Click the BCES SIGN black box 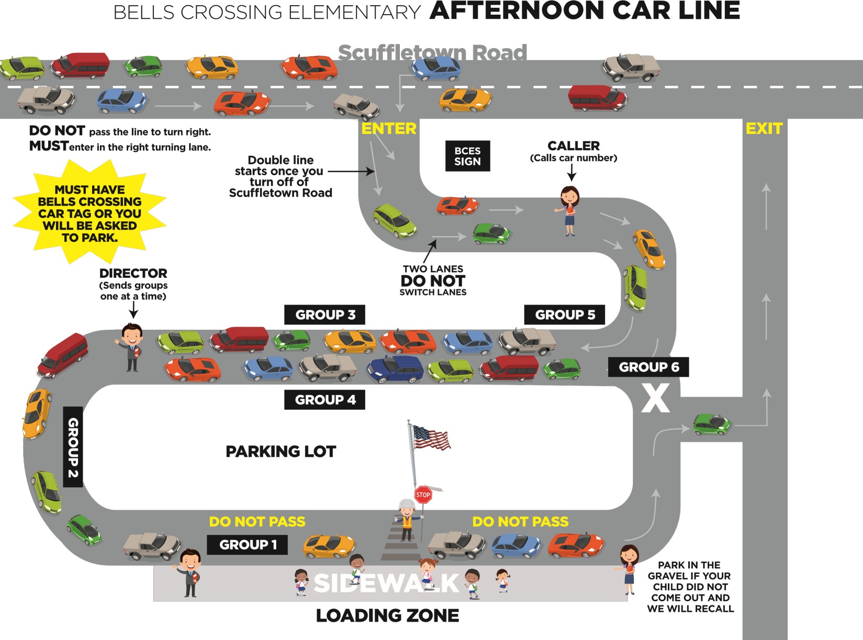click(x=467, y=156)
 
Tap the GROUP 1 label click(x=248, y=545)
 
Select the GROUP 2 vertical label click(x=73, y=447)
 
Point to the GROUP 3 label click(x=324, y=315)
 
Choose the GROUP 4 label click(x=324, y=400)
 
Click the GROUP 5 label click(x=565, y=315)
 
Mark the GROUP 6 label click(x=648, y=367)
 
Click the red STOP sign click(x=423, y=495)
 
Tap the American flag click(x=431, y=437)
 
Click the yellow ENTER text click(x=389, y=129)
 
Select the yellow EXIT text click(x=764, y=129)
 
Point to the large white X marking click(x=656, y=398)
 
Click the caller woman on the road click(x=569, y=210)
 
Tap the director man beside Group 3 click(x=131, y=347)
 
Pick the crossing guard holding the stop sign click(x=406, y=520)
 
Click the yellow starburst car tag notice click(x=89, y=213)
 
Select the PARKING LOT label click(x=281, y=452)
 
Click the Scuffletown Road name click(x=432, y=52)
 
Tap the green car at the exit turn click(x=711, y=423)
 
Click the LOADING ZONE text click(x=387, y=616)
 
